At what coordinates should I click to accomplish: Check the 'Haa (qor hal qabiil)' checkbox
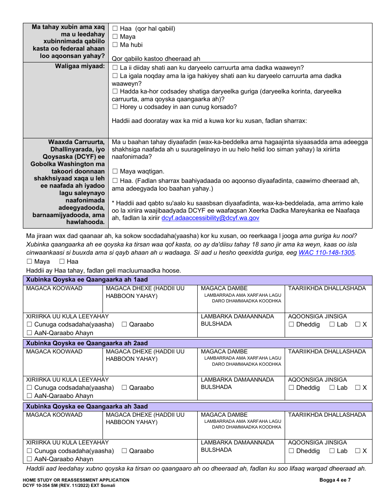click(115, 29)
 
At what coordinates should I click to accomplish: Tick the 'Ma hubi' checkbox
click(115, 45)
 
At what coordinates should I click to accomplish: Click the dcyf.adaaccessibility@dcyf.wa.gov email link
click(210, 218)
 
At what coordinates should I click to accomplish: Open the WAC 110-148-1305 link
click(326, 253)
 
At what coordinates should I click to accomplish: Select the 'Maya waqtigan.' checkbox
click(115, 172)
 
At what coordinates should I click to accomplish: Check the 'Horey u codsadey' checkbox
click(115, 107)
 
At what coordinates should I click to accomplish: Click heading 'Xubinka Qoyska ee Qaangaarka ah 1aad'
click(87, 280)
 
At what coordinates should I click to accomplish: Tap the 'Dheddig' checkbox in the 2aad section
click(291, 388)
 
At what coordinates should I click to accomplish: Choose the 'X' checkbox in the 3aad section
click(358, 451)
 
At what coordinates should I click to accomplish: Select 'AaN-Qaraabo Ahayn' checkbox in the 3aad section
click(29, 459)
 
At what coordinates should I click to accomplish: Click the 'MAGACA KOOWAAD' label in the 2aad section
click(54, 351)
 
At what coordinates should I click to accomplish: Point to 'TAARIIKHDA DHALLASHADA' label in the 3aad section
click(327, 415)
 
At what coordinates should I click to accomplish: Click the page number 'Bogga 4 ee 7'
click(334, 480)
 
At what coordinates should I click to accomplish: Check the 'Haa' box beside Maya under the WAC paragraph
click(62, 262)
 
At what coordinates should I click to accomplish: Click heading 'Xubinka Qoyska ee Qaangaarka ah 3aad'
click(87, 406)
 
